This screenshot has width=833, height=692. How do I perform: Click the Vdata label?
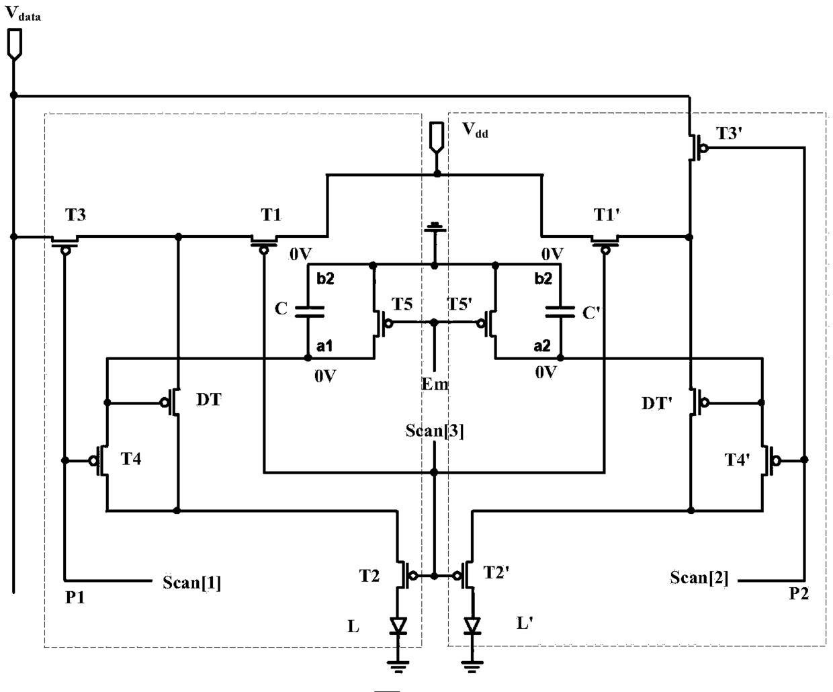[23, 13]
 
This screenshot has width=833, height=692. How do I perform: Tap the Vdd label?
[475, 130]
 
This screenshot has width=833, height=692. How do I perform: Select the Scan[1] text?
[191, 582]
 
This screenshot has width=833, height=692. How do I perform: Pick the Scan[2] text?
[699, 578]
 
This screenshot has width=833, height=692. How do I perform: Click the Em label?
[435, 384]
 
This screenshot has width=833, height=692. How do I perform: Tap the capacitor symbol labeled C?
[309, 312]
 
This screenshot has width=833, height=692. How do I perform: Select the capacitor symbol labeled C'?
[560, 312]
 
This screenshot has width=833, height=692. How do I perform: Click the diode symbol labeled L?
[398, 625]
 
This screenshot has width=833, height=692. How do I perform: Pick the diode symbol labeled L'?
[472, 625]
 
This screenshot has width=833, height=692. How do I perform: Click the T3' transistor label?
[729, 133]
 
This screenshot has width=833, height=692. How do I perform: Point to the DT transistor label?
[209, 400]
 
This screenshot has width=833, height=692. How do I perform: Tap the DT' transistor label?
[657, 404]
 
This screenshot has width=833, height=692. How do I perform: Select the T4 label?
[131, 459]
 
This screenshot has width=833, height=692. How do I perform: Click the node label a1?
[324, 345]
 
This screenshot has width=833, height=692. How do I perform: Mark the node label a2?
[542, 345]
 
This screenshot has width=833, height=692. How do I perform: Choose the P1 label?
[75, 597]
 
